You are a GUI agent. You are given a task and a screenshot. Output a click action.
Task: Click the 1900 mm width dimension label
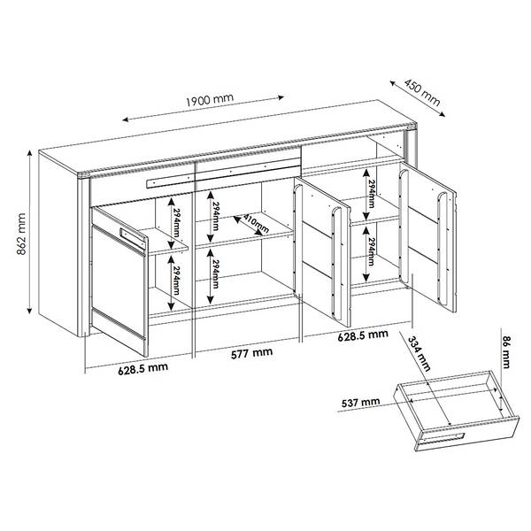[210, 99]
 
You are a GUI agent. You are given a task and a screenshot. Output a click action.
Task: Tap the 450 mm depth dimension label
[422, 92]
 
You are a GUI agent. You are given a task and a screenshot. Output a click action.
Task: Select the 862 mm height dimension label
[21, 234]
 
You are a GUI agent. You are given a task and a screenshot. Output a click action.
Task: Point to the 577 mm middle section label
[251, 353]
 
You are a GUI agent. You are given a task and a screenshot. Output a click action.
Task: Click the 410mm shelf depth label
[256, 223]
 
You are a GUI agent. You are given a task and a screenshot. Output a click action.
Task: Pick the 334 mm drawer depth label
[419, 353]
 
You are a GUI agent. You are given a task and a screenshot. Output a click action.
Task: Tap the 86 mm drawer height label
[505, 352]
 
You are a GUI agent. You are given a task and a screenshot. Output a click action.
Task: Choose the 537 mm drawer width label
[361, 403]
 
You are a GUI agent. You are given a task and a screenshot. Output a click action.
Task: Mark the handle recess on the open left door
[133, 238]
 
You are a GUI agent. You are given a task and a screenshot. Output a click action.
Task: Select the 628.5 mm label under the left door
[142, 368]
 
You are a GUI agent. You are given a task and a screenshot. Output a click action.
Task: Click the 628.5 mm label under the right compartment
[363, 335]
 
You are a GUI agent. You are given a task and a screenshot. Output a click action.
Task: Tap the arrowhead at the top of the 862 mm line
[30, 153]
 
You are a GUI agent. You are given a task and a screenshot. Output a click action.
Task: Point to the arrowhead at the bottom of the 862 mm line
[30, 311]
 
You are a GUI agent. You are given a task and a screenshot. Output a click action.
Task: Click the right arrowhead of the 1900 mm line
[281, 97]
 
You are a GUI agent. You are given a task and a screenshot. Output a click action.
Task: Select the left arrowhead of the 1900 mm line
[126, 119]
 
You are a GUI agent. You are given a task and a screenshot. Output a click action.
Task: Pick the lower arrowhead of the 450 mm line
[442, 114]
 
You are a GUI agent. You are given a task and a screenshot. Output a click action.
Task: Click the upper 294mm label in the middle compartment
[216, 216]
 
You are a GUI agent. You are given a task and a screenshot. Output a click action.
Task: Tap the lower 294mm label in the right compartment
[371, 252]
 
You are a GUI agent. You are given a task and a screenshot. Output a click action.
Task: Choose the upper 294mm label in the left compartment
[176, 221]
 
